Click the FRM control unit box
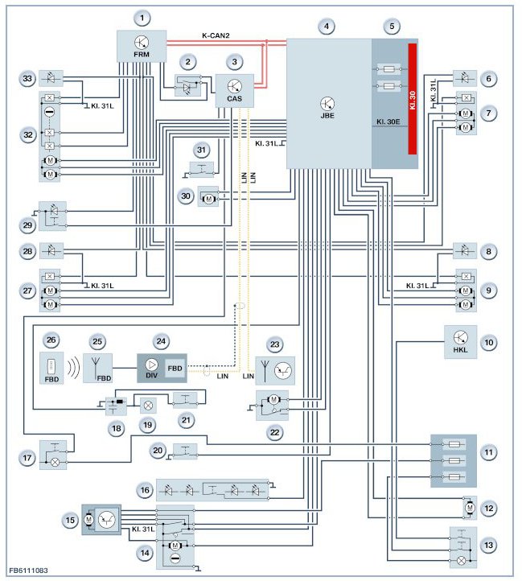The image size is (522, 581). pyautogui.click(x=142, y=47)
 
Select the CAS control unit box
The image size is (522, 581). pyautogui.click(x=235, y=91)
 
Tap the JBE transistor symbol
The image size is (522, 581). pyautogui.click(x=327, y=104)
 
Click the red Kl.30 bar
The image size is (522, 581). pyautogui.click(x=413, y=99)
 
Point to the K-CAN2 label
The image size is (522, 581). pyautogui.click(x=216, y=35)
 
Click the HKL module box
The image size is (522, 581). pyautogui.click(x=461, y=342)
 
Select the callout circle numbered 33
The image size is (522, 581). pyautogui.click(x=27, y=79)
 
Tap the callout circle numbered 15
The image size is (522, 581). pyautogui.click(x=70, y=520)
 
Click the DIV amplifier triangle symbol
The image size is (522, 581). pyautogui.click(x=151, y=365)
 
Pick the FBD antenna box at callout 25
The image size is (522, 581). pyautogui.click(x=97, y=368)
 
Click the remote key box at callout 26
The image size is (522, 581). pyautogui.click(x=51, y=368)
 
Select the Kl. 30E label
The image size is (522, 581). pyautogui.click(x=388, y=122)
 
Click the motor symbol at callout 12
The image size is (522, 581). pyautogui.click(x=470, y=508)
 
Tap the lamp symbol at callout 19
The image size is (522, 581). pyautogui.click(x=148, y=406)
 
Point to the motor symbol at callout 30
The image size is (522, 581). pyautogui.click(x=208, y=199)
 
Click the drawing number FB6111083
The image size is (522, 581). pyautogui.click(x=28, y=571)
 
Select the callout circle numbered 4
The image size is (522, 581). pyautogui.click(x=326, y=27)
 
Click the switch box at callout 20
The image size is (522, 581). pyautogui.click(x=185, y=451)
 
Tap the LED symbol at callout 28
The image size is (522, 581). pyautogui.click(x=51, y=251)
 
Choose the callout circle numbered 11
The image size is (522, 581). pyautogui.click(x=489, y=452)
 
